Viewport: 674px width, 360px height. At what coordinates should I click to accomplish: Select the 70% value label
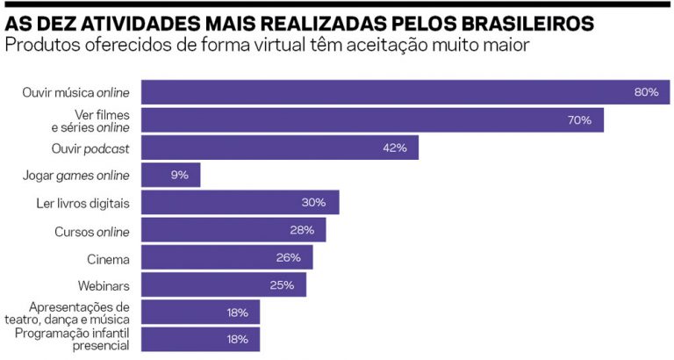point(579,120)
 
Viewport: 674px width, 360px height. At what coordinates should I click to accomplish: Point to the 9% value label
point(180,175)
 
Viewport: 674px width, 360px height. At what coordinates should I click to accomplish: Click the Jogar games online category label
point(75,175)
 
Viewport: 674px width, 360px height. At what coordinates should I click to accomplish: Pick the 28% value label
point(302,230)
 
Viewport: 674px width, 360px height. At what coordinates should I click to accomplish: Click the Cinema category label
point(108,258)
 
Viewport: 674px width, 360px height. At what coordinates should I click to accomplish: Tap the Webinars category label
point(103,284)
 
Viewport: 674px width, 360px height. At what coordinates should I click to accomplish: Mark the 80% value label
point(646,92)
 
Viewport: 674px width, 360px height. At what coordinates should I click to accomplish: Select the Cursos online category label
point(91,231)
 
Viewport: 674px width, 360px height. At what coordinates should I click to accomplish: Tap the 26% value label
point(289,258)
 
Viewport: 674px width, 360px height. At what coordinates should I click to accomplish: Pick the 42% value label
point(394,148)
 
